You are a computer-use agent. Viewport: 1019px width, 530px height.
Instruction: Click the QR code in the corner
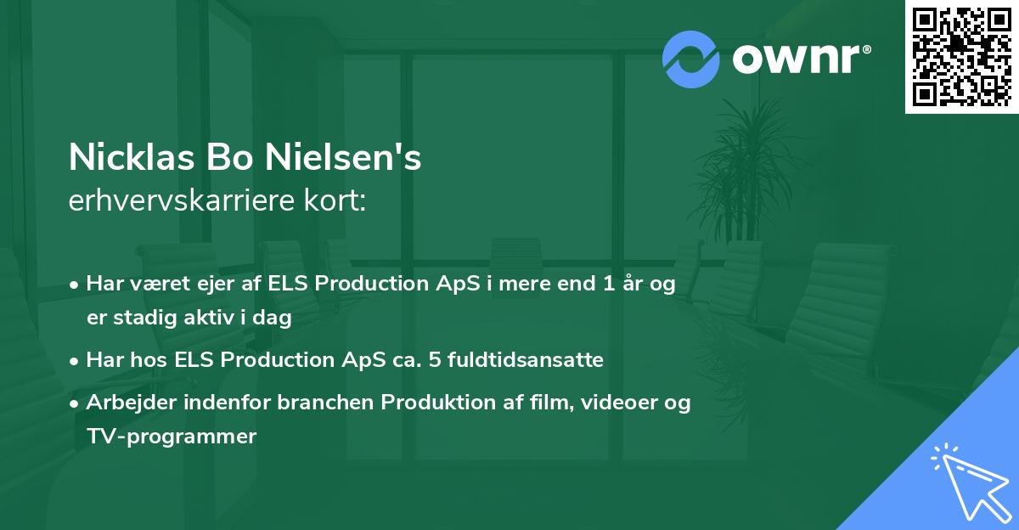961,57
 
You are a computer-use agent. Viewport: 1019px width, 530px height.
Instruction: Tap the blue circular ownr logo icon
691,59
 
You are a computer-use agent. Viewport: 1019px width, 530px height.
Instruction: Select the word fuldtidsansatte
535,360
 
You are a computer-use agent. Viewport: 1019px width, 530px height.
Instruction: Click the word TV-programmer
171,437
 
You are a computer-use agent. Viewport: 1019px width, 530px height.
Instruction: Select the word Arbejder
125,403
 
